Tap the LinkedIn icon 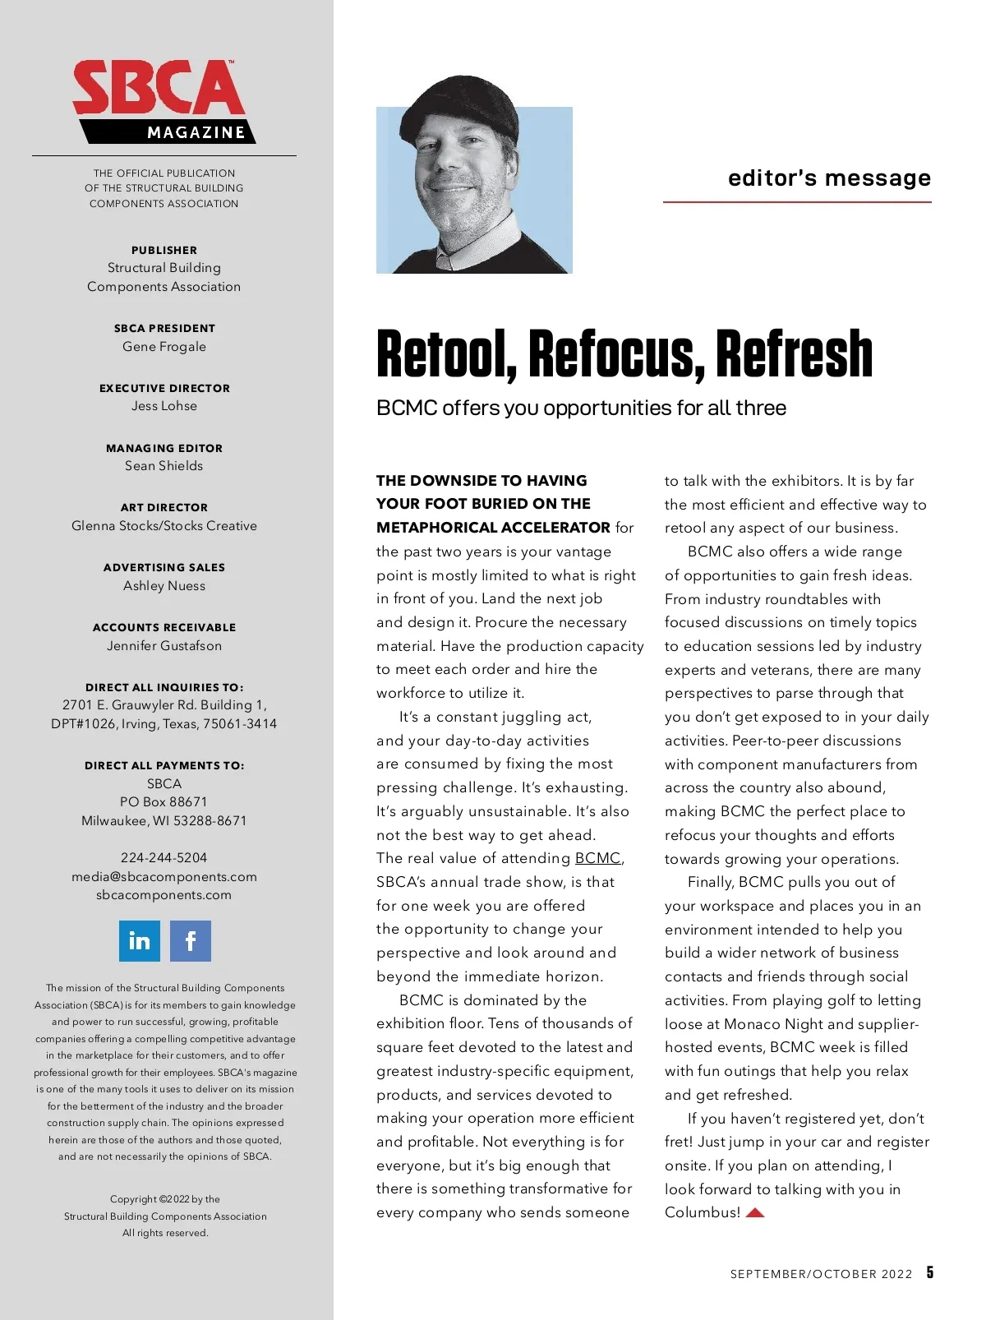(x=140, y=940)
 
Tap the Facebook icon (x=191, y=940)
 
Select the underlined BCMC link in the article (x=597, y=858)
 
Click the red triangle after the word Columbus (x=755, y=1212)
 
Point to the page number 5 (x=930, y=1272)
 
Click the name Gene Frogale (x=164, y=347)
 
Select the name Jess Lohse (x=164, y=406)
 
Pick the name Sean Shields (x=164, y=466)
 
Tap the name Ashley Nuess (x=164, y=586)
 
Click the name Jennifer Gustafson (x=164, y=646)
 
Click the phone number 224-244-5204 (x=164, y=858)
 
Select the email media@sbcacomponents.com (x=164, y=877)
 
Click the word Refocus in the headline (x=616, y=355)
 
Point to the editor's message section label (x=829, y=178)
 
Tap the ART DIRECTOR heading (x=164, y=508)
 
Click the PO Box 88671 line (x=164, y=802)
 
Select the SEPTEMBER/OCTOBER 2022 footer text (x=821, y=1274)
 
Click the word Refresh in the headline (x=794, y=355)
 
